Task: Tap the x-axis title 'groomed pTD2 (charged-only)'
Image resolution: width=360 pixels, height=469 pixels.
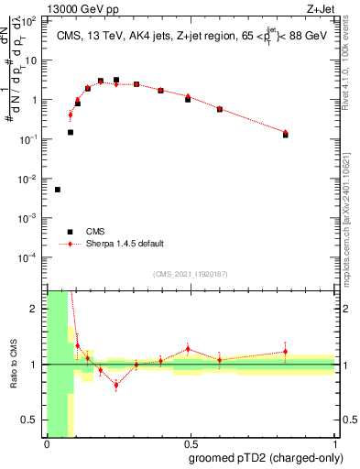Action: point(266,459)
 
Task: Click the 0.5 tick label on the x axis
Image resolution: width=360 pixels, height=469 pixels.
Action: point(191,444)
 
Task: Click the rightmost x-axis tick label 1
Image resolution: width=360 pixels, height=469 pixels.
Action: point(334,444)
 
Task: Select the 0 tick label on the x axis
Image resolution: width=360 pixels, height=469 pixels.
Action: point(47,444)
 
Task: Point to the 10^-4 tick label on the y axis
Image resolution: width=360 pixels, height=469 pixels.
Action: point(30,257)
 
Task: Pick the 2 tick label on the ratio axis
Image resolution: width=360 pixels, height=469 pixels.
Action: point(38,309)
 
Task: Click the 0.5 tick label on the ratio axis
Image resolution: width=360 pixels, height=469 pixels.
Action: point(34,420)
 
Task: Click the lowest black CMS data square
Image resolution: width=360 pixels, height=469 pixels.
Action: point(58,190)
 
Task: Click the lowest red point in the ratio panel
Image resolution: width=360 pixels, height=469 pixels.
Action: point(116,385)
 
